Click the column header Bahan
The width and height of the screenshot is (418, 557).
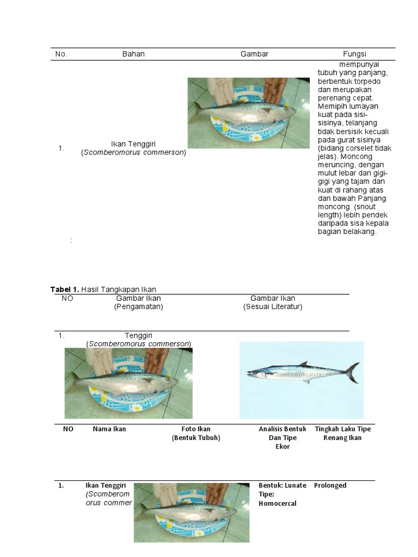click(x=133, y=54)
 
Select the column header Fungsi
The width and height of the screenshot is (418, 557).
click(x=354, y=54)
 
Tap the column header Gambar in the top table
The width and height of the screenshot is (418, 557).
click(x=255, y=54)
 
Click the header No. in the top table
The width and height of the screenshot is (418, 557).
click(x=61, y=54)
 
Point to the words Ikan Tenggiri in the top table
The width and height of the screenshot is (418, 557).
click(x=133, y=144)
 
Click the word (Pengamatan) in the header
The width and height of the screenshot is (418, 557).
click(x=138, y=306)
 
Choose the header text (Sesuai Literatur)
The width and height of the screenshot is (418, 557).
click(x=272, y=306)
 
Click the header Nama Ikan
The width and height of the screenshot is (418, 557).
click(x=109, y=429)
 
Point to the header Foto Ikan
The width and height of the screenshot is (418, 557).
click(x=196, y=429)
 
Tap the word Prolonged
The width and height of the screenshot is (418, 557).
click(x=330, y=485)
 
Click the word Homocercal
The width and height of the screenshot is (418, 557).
click(x=278, y=503)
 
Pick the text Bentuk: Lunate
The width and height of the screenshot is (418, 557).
click(x=282, y=485)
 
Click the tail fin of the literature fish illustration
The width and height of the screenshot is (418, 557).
click(x=353, y=372)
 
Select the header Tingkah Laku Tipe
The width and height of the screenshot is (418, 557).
click(x=342, y=429)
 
